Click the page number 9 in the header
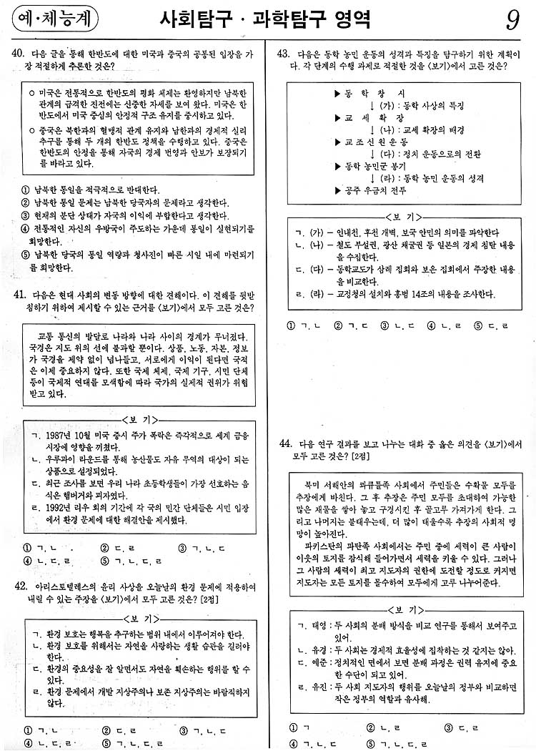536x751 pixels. [512, 21]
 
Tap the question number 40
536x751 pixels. [20, 54]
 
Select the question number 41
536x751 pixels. [20, 295]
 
